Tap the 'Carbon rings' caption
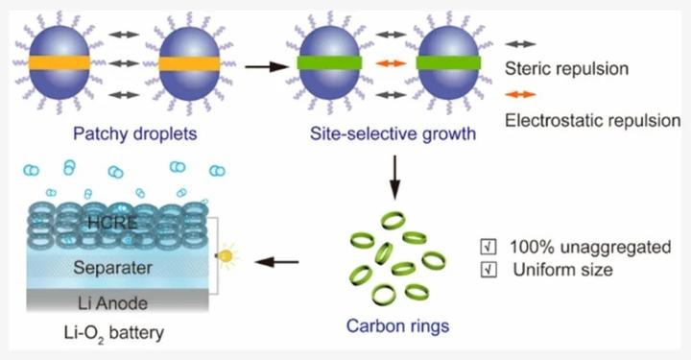396,326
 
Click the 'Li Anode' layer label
107,303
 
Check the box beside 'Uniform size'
487,270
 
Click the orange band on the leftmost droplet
68,64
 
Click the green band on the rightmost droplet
449,63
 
